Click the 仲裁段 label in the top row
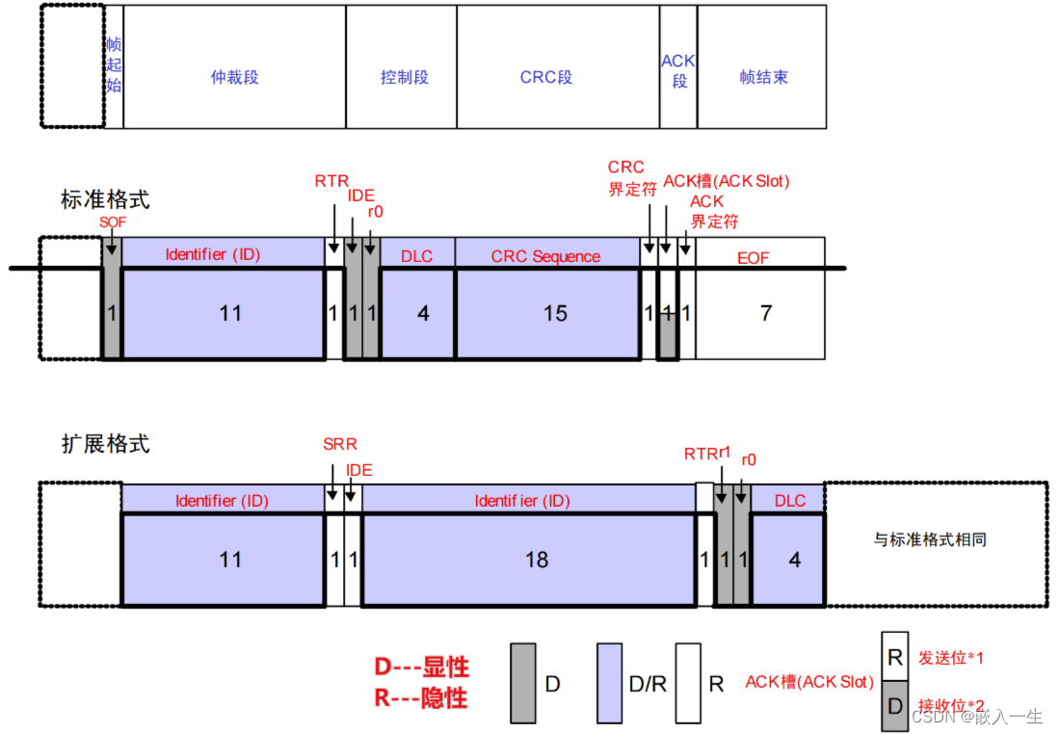[234, 77]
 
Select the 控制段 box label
[404, 77]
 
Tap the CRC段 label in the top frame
[546, 77]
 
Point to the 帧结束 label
[763, 77]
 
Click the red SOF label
[113, 223]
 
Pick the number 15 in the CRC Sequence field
[556, 314]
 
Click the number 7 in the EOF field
[766, 314]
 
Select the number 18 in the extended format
[537, 560]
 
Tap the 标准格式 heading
[105, 200]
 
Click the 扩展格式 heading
[105, 445]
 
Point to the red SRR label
[340, 445]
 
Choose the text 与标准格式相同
[930, 539]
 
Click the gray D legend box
[522, 683]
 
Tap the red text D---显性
[421, 668]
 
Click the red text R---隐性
[421, 698]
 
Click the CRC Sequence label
[545, 256]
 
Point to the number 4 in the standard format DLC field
[423, 314]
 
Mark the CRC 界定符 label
[629, 178]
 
